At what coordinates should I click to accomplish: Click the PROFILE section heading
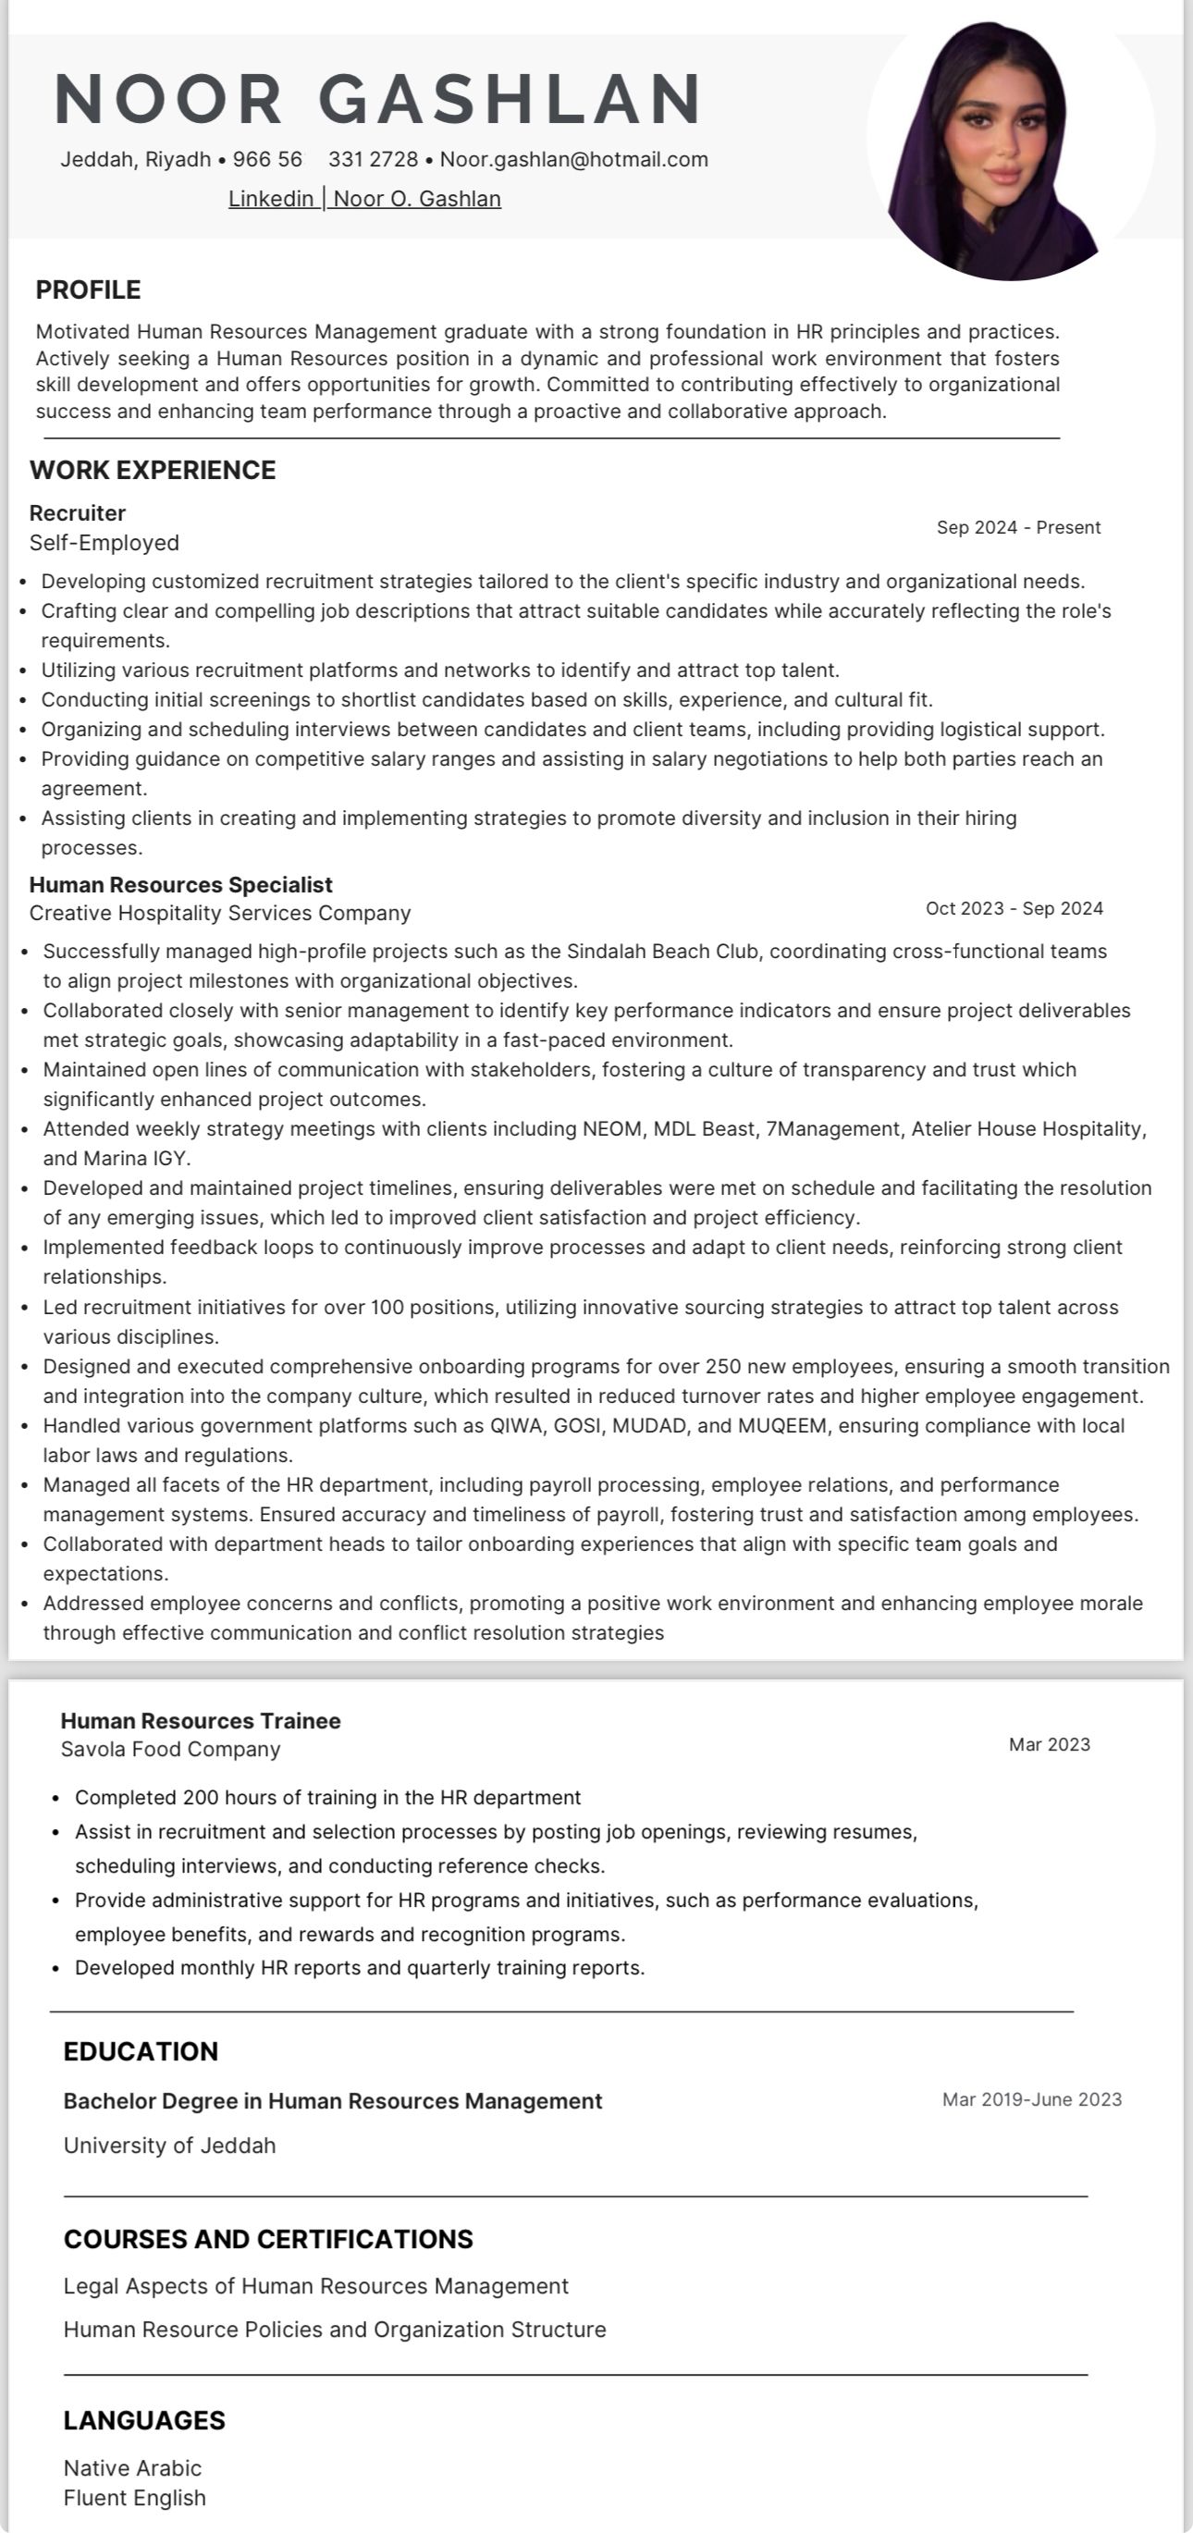(89, 290)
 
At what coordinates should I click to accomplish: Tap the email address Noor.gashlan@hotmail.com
(573, 159)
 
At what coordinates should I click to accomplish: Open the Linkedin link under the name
(270, 199)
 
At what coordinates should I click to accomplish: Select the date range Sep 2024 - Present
(1018, 528)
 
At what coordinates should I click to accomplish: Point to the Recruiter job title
(78, 513)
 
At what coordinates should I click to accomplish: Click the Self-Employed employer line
(105, 543)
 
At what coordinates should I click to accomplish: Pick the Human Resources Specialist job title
(181, 885)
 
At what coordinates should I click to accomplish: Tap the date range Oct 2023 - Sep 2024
(1014, 908)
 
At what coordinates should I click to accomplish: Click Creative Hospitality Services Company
(220, 914)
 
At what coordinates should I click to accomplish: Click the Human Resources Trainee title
(201, 1721)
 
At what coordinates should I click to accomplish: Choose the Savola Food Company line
(170, 1750)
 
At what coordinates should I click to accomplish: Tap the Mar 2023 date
(1050, 1744)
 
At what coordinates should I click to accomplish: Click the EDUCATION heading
(141, 2051)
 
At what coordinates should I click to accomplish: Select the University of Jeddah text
(169, 2146)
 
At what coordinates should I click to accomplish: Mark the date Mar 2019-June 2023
(1032, 2099)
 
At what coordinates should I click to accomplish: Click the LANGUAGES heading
(144, 2420)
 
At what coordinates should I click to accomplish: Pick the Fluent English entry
(135, 2498)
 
